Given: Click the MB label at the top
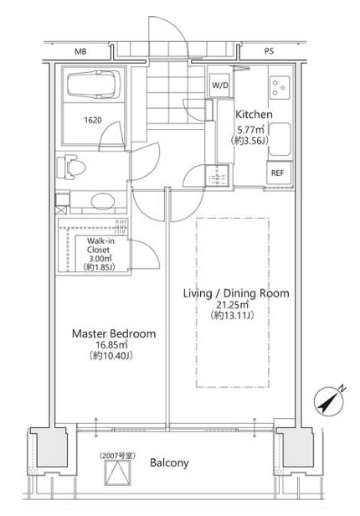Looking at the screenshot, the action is coord(80,52).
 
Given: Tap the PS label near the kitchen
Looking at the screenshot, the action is coord(269,52).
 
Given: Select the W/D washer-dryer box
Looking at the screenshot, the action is coord(220,85).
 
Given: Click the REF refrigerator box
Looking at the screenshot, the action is coord(277,173).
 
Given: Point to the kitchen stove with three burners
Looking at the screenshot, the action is coord(280,88).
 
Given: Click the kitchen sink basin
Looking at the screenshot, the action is coord(280,139).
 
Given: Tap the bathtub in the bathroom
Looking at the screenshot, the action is coord(94,85).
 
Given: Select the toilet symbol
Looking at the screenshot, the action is coord(70,168).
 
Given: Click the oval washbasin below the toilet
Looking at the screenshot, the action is coord(103,200).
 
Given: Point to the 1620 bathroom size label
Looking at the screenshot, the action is coord(93,120).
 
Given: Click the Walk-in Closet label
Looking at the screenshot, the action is coord(100,245).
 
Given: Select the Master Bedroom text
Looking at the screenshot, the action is coord(114,333).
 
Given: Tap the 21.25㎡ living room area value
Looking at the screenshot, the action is coord(231,304).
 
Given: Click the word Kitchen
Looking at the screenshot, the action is coord(255,115).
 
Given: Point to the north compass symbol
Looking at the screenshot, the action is coord(329,400).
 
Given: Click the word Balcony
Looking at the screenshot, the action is coord(169,463).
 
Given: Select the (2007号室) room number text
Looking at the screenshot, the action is coord(117,456).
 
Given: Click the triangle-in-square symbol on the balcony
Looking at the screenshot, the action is coord(118,473).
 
